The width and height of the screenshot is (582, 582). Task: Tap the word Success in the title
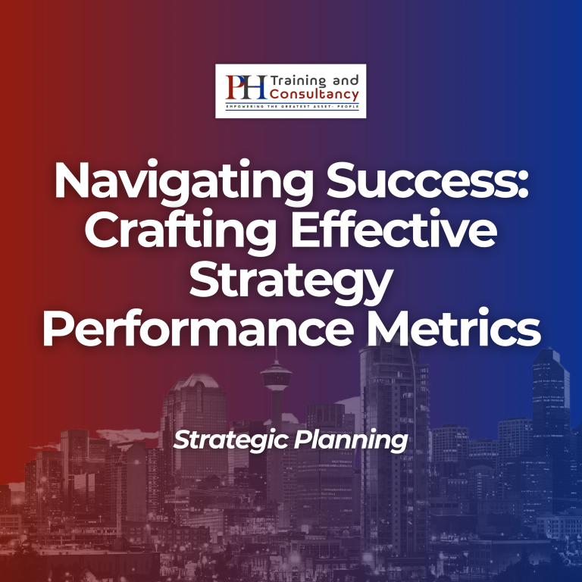tap(422, 180)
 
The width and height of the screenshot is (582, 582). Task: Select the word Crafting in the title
tap(181, 231)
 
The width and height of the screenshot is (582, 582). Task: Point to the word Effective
tap(394, 227)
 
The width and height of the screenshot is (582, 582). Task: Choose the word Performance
tap(199, 327)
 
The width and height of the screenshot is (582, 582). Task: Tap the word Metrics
tap(454, 327)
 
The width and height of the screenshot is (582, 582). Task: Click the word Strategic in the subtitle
tap(230, 440)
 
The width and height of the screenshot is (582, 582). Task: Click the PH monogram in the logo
tap(246, 87)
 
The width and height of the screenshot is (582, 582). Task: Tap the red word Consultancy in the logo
tap(314, 94)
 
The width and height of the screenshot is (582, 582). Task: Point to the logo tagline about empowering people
tap(292, 107)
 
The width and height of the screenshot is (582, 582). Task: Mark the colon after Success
tap(524, 185)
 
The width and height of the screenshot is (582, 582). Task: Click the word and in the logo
tap(346, 80)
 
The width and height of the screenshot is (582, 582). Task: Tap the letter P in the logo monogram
tap(236, 87)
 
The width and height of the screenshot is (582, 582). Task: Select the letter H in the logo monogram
tap(255, 87)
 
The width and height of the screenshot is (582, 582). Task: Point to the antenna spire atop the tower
tap(276, 356)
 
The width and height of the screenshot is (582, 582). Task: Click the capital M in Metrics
tap(392, 327)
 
